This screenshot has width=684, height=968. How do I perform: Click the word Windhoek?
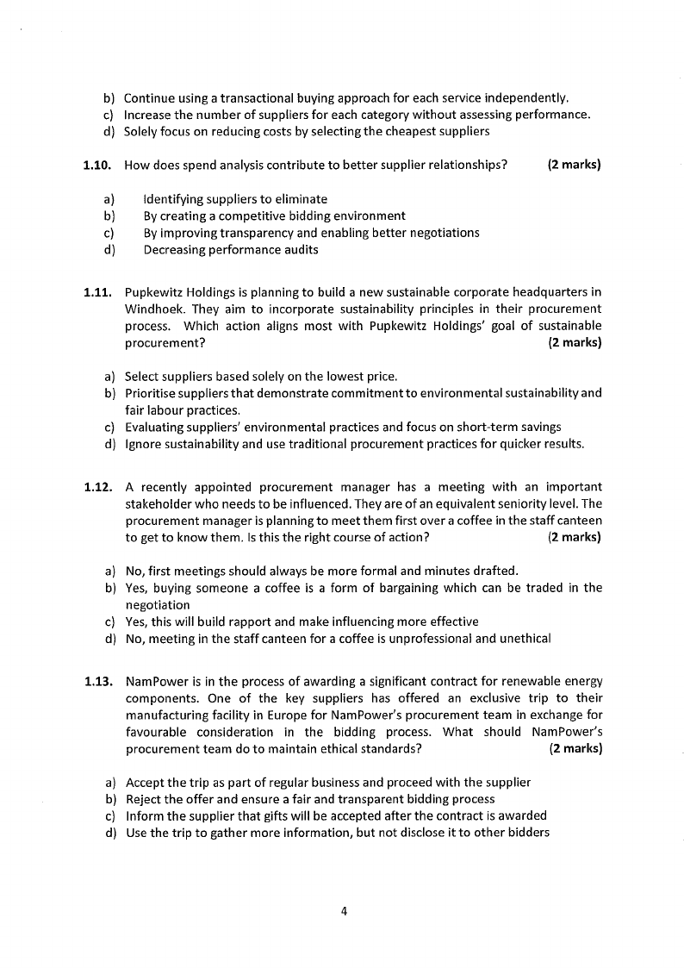(x=152, y=309)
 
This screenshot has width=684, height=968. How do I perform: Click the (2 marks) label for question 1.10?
(x=574, y=165)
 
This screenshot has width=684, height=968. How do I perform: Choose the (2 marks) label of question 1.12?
(x=575, y=537)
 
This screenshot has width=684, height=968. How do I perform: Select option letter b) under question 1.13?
(x=110, y=799)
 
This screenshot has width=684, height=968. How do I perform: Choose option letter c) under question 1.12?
(x=110, y=621)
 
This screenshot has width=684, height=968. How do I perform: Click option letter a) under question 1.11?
(x=110, y=376)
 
